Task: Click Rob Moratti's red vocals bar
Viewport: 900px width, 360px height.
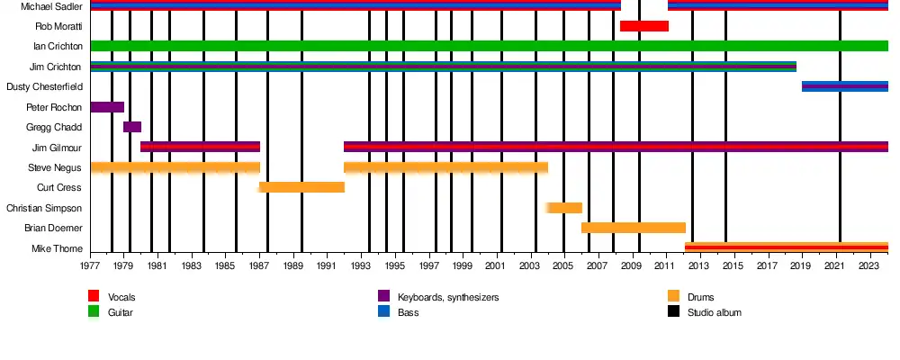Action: click(x=644, y=26)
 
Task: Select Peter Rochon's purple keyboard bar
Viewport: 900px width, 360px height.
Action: click(x=107, y=107)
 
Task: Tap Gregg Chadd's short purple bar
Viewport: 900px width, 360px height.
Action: click(x=132, y=127)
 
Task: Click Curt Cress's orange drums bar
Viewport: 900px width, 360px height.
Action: click(x=301, y=187)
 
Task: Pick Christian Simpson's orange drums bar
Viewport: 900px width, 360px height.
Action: click(x=564, y=208)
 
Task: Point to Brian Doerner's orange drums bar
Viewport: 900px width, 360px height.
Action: click(x=634, y=228)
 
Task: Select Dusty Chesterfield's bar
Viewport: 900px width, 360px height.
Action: click(x=844, y=86)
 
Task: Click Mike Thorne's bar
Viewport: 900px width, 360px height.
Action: click(x=786, y=247)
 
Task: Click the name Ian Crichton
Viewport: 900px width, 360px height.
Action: click(x=58, y=46)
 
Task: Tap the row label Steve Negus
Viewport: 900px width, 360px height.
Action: click(x=55, y=167)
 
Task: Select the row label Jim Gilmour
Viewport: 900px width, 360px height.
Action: click(x=57, y=148)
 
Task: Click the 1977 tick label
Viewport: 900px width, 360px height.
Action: click(x=90, y=266)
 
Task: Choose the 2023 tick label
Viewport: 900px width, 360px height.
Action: click(x=869, y=266)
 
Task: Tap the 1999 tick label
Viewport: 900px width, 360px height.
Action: click(x=463, y=266)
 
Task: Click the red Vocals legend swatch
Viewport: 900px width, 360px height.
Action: click(x=94, y=296)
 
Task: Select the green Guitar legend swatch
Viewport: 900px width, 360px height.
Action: click(x=94, y=311)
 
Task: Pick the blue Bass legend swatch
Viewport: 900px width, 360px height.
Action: click(x=383, y=311)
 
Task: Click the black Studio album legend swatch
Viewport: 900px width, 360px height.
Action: click(x=673, y=311)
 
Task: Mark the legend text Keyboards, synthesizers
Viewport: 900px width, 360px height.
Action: click(x=448, y=297)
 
